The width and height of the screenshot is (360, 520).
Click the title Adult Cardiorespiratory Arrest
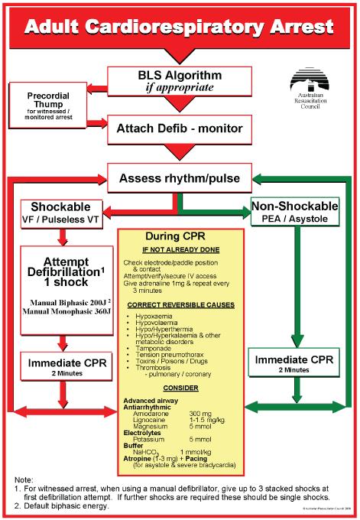tap(179, 28)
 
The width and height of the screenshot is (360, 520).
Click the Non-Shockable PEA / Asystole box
tap(294, 213)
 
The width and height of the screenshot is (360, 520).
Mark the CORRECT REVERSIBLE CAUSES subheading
tap(180, 305)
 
